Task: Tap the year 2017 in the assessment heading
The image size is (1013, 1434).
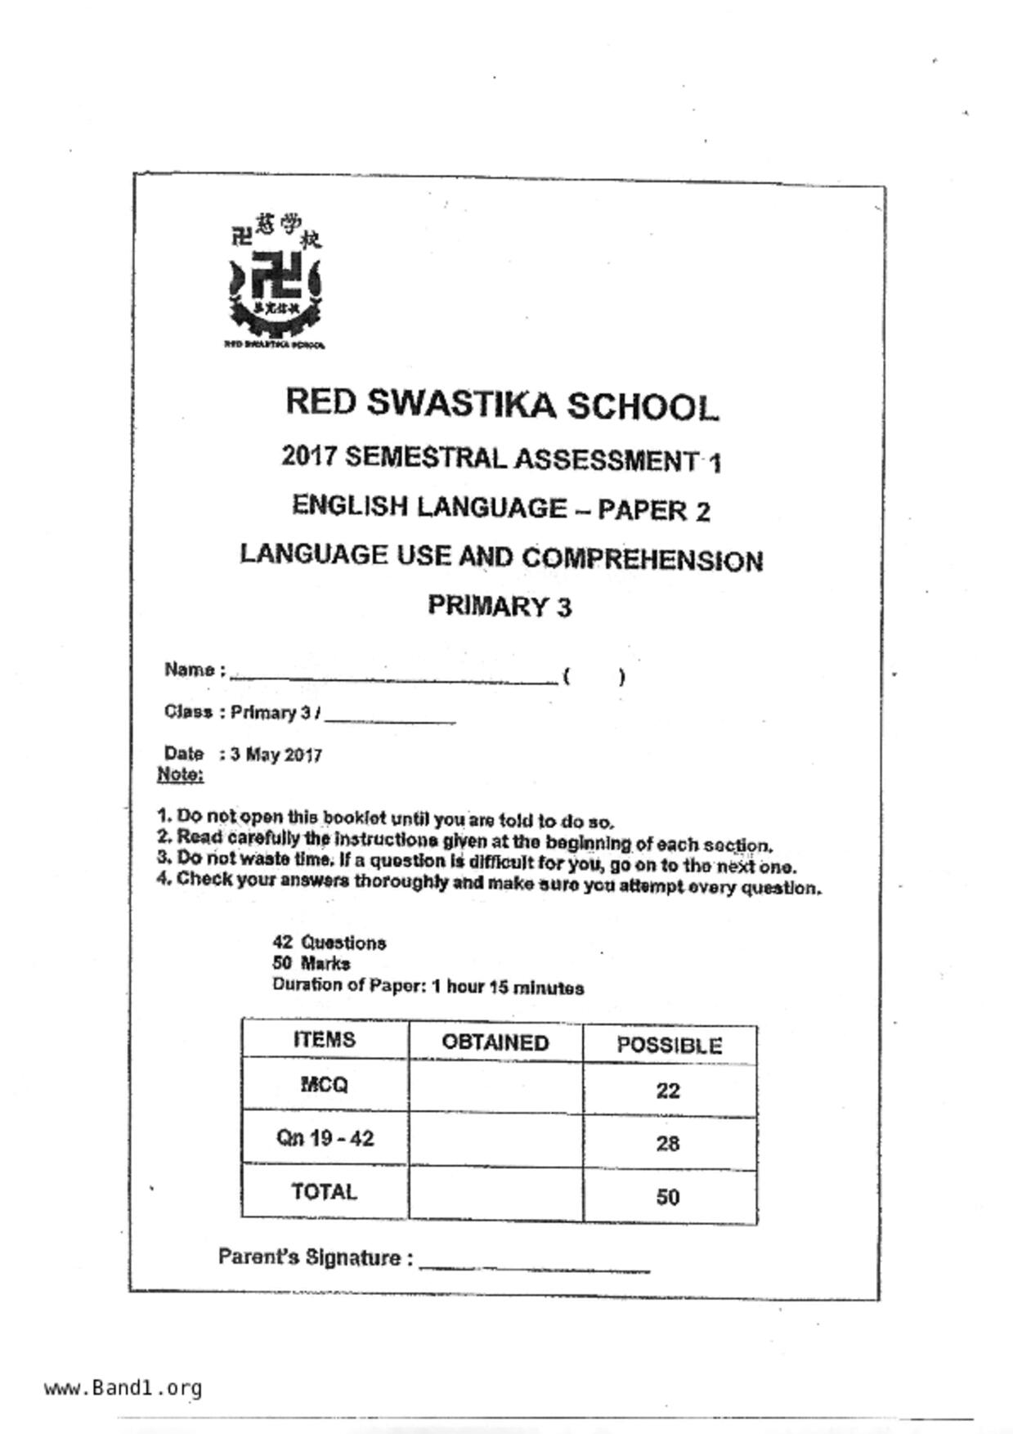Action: [309, 456]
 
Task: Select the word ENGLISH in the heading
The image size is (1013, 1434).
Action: [349, 506]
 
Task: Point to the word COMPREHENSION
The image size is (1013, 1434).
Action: [642, 559]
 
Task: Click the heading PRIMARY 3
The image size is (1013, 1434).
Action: [500, 606]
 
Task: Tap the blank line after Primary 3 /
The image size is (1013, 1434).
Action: [389, 720]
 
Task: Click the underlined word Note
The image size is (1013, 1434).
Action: [180, 774]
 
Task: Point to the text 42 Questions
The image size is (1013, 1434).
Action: [329, 943]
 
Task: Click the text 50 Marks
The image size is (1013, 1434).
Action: [312, 963]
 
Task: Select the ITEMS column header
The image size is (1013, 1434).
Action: [325, 1039]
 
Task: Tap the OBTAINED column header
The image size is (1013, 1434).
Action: [495, 1042]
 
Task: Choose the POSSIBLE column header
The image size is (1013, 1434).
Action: [669, 1046]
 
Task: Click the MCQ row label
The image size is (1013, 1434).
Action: [325, 1085]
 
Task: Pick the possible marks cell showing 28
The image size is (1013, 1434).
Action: [668, 1143]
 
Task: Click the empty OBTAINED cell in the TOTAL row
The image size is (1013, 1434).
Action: [495, 1194]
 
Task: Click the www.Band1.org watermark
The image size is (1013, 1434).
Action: [123, 1388]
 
